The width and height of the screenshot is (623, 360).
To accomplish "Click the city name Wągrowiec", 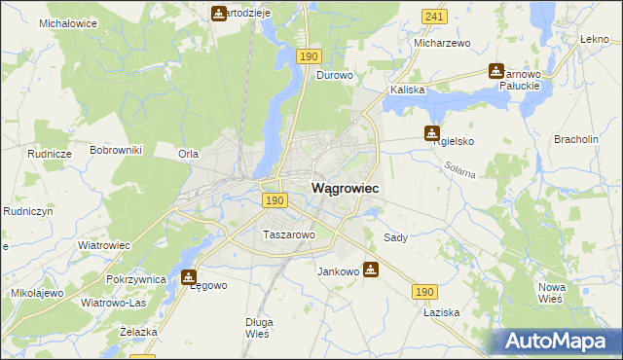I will (x=345, y=187).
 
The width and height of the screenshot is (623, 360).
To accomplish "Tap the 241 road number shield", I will (x=434, y=17).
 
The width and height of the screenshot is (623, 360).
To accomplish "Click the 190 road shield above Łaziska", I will (x=424, y=291).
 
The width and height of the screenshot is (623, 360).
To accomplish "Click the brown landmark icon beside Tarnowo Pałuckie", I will (x=496, y=71).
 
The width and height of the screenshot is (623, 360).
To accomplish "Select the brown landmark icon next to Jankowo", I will (x=371, y=269).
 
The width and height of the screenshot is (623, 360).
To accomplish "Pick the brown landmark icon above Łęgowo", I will (x=189, y=276).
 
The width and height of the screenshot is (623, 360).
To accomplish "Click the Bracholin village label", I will (x=575, y=139).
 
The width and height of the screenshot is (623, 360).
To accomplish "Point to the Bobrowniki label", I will (x=116, y=150).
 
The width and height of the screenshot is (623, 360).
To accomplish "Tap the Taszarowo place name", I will (x=288, y=234).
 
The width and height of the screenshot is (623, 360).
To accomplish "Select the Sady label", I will (x=395, y=237).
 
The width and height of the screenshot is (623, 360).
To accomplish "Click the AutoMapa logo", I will (x=556, y=342).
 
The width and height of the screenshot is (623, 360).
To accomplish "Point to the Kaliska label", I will (x=408, y=90).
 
